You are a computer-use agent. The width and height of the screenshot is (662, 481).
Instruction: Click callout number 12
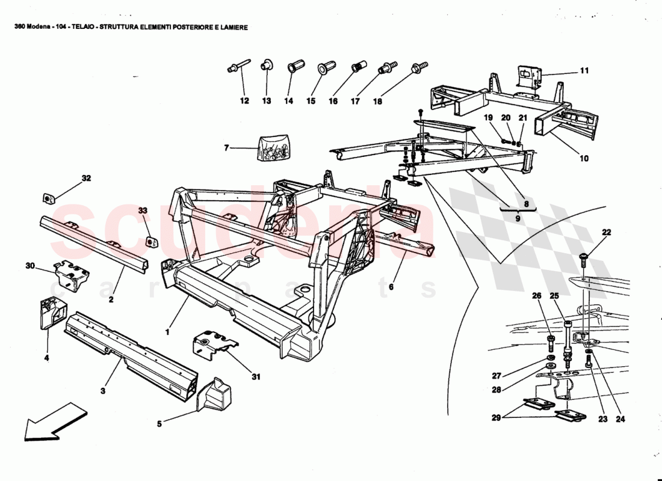[244, 102]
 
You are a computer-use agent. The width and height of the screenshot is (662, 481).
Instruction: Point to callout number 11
[584, 71]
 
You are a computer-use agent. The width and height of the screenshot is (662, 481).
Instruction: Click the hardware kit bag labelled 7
[274, 149]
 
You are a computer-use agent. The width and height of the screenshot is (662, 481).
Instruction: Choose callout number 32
[87, 178]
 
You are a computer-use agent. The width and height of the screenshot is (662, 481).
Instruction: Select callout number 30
[30, 265]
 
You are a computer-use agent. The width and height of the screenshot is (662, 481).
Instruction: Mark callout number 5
[159, 424]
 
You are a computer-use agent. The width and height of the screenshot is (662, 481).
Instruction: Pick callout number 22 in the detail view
[606, 233]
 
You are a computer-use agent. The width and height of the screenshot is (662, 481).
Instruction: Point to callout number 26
[537, 295]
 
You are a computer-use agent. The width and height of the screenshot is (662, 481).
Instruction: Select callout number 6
[391, 287]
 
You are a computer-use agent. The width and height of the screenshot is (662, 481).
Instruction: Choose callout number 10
[584, 159]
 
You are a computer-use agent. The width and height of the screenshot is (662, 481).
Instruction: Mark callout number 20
[506, 118]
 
